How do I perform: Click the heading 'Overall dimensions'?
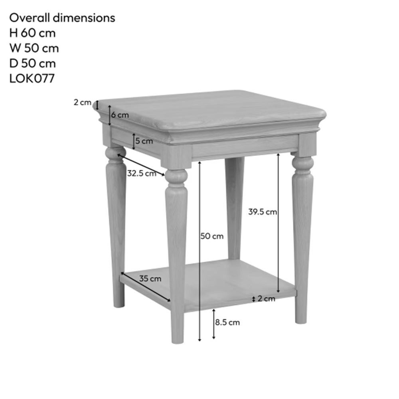click(62, 18)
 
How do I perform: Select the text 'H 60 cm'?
click(32, 33)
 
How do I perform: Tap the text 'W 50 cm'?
click(34, 48)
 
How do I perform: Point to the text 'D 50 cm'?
click(32, 63)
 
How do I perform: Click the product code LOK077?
click(32, 78)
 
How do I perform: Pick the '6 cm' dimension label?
click(120, 115)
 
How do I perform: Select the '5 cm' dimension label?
click(144, 141)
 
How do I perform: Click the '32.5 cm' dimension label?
click(142, 174)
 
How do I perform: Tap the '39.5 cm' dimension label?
click(263, 212)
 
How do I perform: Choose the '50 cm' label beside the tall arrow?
click(212, 236)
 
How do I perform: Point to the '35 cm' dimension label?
click(150, 279)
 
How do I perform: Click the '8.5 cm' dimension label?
click(227, 322)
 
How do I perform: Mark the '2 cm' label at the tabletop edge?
click(83, 102)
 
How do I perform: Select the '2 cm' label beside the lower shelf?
click(267, 298)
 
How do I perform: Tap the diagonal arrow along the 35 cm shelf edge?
click(146, 287)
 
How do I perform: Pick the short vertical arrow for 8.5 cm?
click(214, 324)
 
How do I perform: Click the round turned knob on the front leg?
click(176, 176)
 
